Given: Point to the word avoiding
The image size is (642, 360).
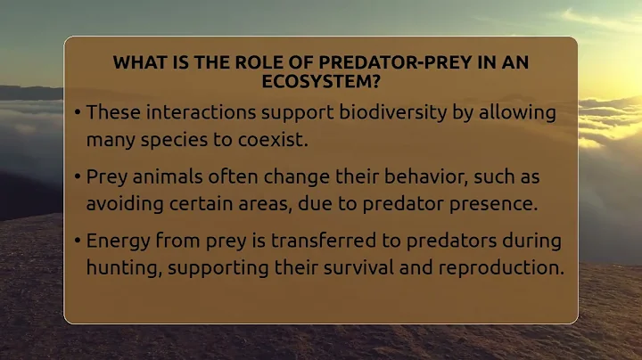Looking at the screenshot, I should tap(123, 202).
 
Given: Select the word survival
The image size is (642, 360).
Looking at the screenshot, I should tap(355, 266).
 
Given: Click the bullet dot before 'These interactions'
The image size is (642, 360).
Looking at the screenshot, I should tap(78, 114).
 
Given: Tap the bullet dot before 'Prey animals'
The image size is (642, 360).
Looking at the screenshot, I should tap(78, 177).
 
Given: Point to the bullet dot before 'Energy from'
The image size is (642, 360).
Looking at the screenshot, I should tap(78, 241).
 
